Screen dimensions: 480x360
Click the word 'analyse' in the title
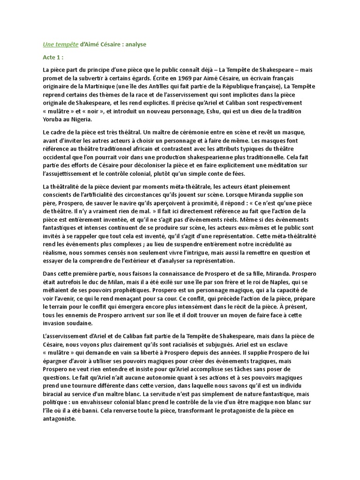pos(135,45)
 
